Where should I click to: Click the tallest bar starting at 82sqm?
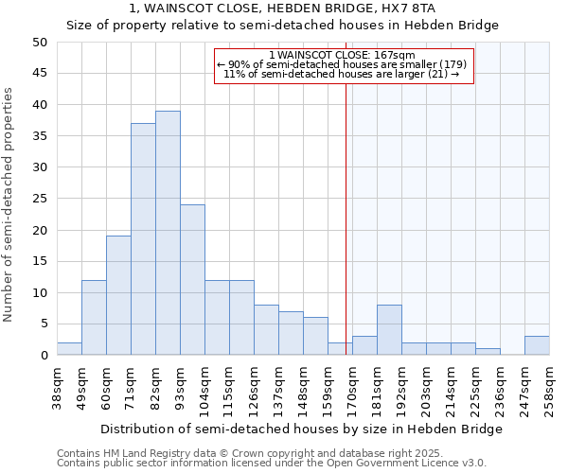pos(168,233)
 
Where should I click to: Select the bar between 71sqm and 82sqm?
pos(143,239)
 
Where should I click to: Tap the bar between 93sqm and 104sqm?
pos(192,280)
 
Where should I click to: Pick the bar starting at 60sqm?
pos(118,295)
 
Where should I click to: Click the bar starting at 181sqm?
pos(389,330)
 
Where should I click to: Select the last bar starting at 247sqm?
pos(537,345)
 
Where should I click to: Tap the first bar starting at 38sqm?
pos(69,349)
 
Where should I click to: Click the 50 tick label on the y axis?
pos(39,43)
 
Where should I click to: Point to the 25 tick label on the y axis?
pos(39,199)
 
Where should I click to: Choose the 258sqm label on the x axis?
pos(550,388)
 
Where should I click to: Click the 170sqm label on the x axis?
pos(353,388)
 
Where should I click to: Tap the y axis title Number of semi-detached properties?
pos(9,204)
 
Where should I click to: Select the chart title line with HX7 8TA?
pos(281,8)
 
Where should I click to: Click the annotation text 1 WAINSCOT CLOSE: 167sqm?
pos(342,55)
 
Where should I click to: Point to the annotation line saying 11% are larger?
pos(342,74)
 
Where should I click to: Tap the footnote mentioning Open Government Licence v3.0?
pos(272,464)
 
